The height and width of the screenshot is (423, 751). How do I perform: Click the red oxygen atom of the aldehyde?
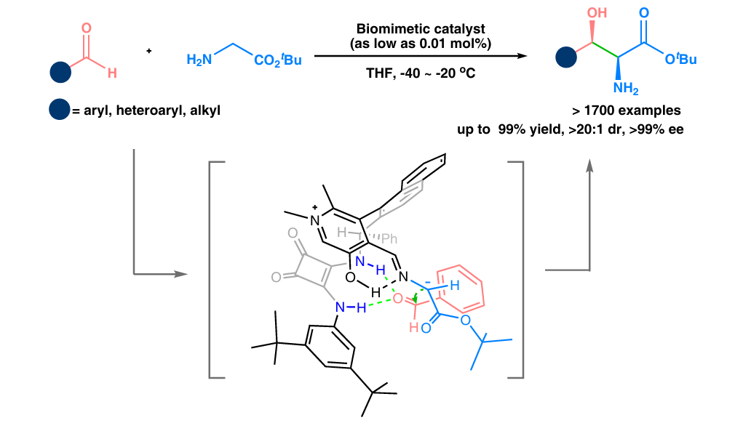pos(87,31)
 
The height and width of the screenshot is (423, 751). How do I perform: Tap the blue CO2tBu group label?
pos(278,60)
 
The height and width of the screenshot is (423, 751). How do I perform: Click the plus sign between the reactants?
pos(149,51)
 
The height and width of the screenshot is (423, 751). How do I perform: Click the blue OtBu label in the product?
pos(681,58)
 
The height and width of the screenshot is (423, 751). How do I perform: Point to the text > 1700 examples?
pos(627,111)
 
